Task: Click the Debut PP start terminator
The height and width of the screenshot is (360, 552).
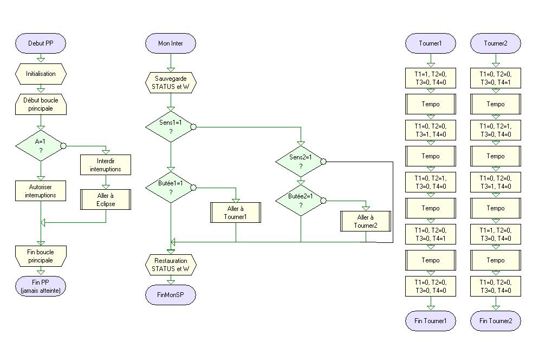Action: coord(41,43)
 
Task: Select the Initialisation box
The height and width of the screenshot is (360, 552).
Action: coord(41,74)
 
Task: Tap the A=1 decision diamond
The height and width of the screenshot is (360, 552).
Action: coord(41,145)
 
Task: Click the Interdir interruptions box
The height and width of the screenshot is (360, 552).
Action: coord(106,164)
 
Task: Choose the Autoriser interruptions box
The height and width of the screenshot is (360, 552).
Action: coord(41,190)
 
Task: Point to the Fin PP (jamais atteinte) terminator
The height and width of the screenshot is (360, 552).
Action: coord(41,286)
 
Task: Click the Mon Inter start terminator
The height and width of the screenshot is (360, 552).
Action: coord(170,43)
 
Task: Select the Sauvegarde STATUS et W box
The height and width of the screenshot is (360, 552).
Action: coord(170,82)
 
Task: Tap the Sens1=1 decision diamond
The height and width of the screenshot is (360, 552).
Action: coord(170,127)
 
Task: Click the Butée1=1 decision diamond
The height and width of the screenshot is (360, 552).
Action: coord(170,188)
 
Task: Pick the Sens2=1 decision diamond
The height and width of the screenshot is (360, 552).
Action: coord(300,161)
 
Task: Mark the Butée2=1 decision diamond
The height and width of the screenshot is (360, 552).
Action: coord(300,200)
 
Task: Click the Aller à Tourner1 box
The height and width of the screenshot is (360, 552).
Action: coord(235,212)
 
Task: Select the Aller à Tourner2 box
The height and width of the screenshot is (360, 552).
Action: coord(365,221)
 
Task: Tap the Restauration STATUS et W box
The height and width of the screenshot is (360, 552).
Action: coord(170,264)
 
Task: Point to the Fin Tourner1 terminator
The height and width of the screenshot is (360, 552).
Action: coord(431,320)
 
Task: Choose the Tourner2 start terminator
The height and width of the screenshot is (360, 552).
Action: coord(496,43)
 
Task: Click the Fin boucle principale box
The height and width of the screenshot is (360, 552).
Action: coord(41,256)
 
